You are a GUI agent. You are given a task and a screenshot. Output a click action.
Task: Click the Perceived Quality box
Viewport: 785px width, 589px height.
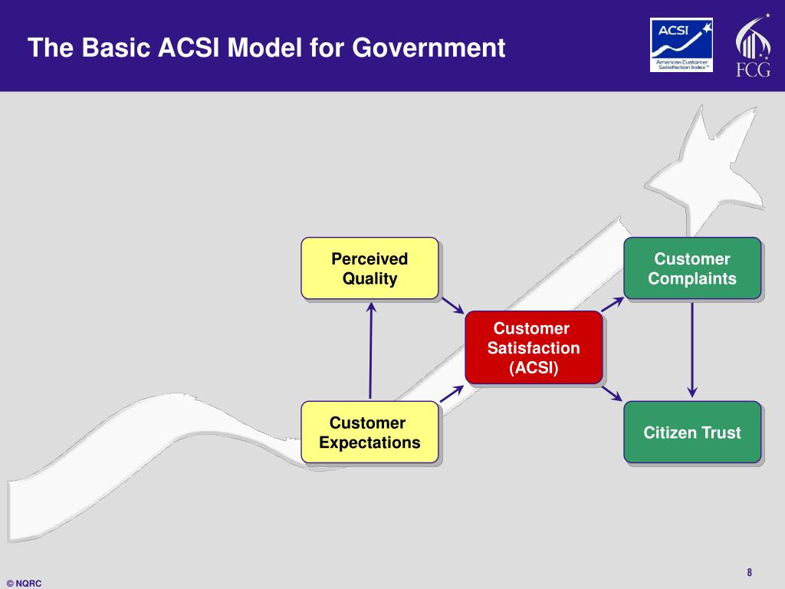[x=370, y=268]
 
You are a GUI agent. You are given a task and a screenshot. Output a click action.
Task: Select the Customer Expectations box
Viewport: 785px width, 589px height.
[x=370, y=433]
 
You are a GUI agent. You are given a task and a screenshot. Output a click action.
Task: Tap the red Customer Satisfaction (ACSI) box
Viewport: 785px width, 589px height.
[x=534, y=347]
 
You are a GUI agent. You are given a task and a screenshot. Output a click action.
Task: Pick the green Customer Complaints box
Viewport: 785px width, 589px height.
[x=691, y=268]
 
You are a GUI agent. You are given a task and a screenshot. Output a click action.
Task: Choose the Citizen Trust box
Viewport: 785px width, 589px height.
[x=691, y=433]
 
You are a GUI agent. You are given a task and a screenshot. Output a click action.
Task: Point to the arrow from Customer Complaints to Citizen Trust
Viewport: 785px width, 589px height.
[x=692, y=350]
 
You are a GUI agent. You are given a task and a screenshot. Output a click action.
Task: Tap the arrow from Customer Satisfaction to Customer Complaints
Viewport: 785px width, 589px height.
[x=613, y=302]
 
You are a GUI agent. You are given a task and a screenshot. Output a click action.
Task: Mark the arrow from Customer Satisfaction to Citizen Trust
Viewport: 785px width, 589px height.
[x=613, y=393]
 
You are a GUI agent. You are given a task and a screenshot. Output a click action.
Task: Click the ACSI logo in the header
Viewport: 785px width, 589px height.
[x=682, y=44]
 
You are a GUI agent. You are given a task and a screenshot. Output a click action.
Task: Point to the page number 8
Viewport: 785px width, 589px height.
[x=749, y=572]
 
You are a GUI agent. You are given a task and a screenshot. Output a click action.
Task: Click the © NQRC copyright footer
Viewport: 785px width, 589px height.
[x=24, y=583]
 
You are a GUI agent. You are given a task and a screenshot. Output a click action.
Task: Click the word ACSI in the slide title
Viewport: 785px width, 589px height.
[x=189, y=49]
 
